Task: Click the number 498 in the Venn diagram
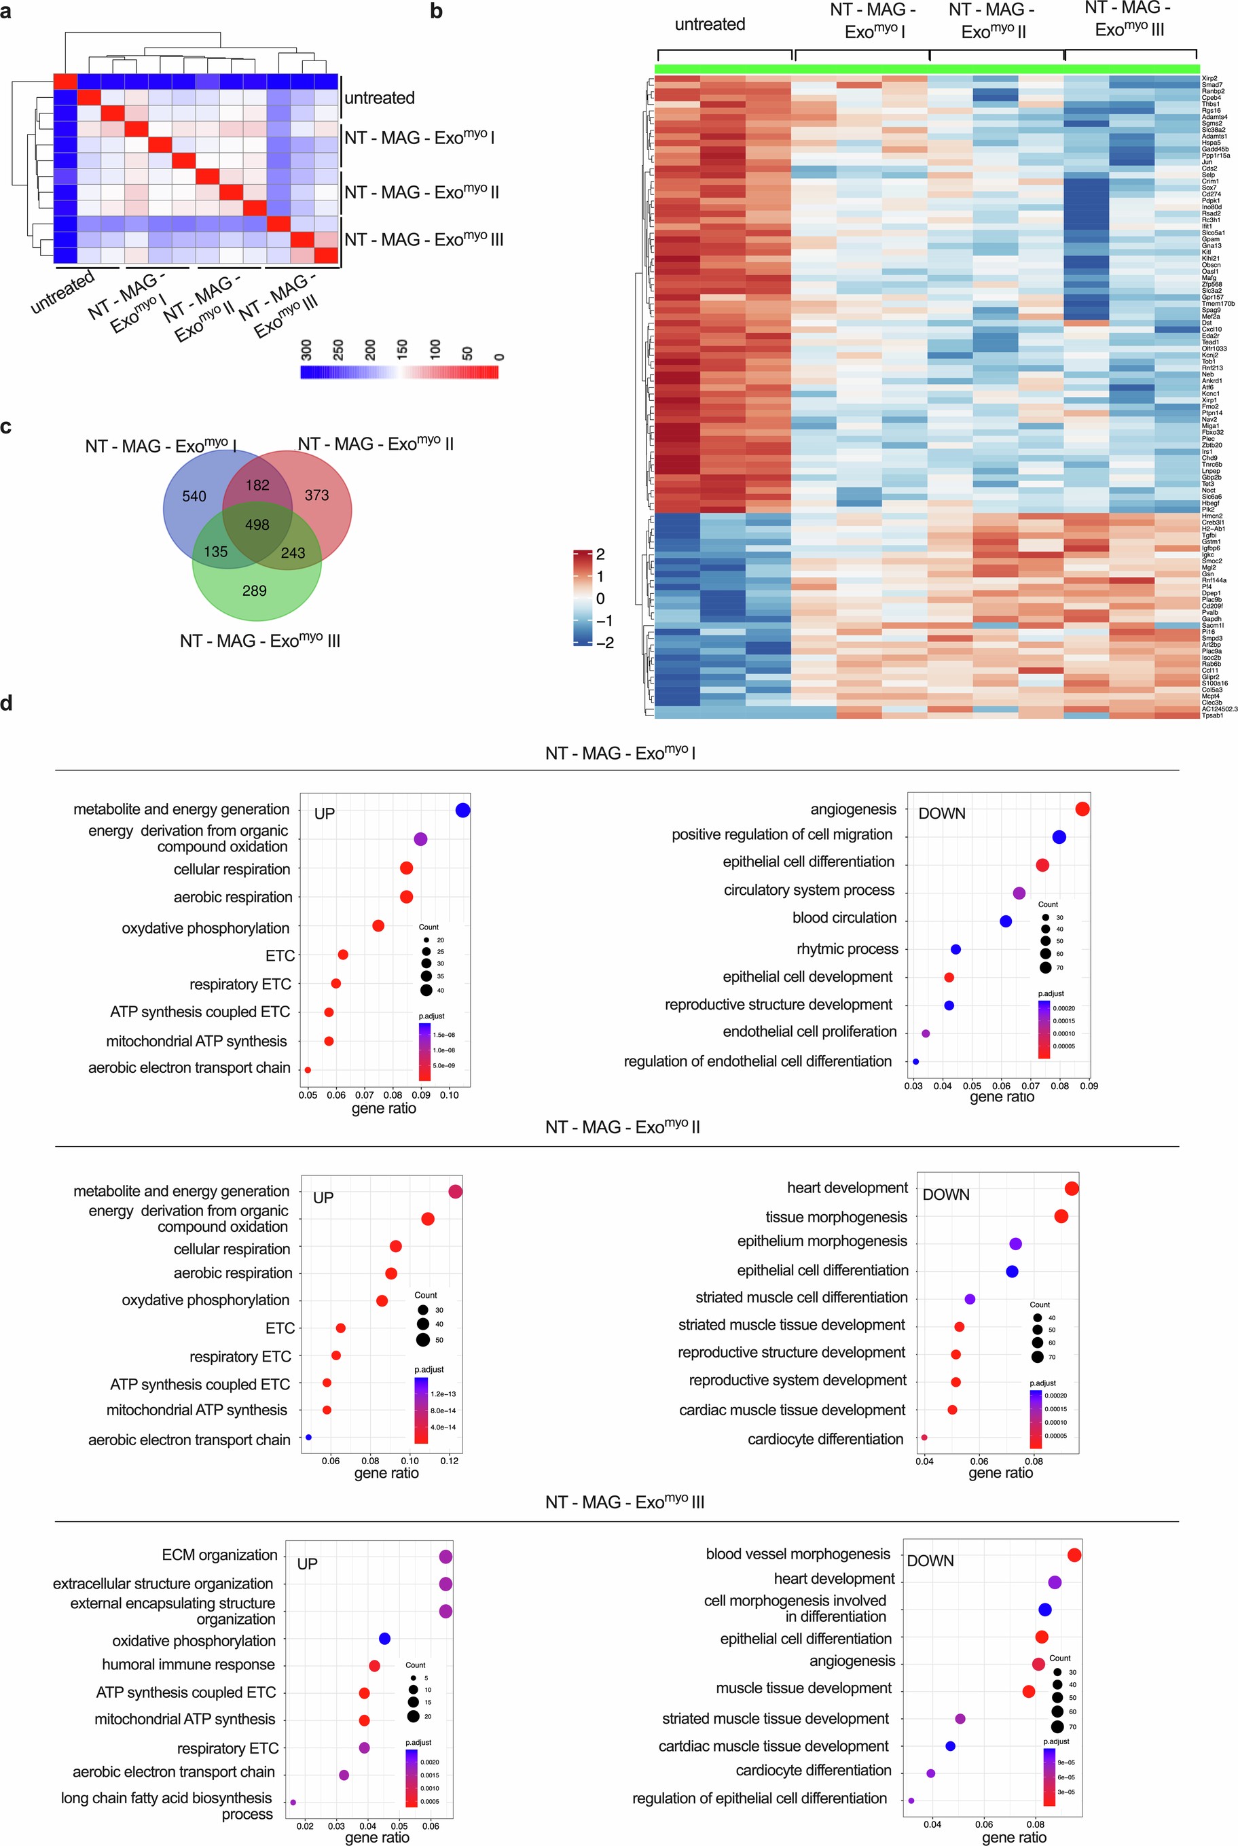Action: pos(257,525)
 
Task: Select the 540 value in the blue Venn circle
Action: pos(194,496)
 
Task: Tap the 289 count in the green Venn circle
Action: pos(254,591)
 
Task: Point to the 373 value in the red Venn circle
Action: pos(316,495)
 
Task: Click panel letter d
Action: pos(6,703)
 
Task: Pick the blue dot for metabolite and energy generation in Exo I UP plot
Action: pos(463,810)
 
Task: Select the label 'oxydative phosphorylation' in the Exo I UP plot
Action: pos(205,928)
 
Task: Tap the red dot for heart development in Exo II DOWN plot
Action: pos(1072,1189)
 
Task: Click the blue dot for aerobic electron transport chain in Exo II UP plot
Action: pos(309,1438)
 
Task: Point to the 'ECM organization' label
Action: pos(219,1555)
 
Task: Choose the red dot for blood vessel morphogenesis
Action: pos(1074,1555)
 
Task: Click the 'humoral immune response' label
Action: pos(189,1665)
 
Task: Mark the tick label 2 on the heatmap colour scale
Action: pos(601,554)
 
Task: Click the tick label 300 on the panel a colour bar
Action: pos(306,350)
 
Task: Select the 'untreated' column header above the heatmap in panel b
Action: pos(710,24)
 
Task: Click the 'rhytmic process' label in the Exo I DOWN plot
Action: pos(847,948)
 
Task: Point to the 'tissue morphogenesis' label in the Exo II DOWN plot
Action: pos(836,1218)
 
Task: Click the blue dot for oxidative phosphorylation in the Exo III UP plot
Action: pos(384,1639)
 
